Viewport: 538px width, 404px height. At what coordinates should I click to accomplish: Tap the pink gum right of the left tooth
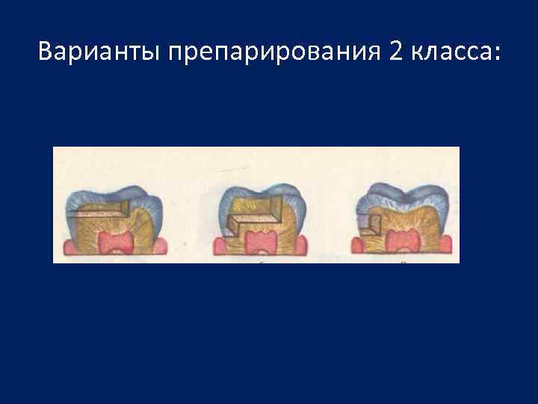point(161,247)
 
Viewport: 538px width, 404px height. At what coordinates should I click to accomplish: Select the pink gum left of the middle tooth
point(219,248)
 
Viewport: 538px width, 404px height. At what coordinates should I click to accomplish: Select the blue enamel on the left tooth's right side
point(158,206)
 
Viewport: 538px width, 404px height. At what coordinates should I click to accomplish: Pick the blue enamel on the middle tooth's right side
point(302,206)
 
